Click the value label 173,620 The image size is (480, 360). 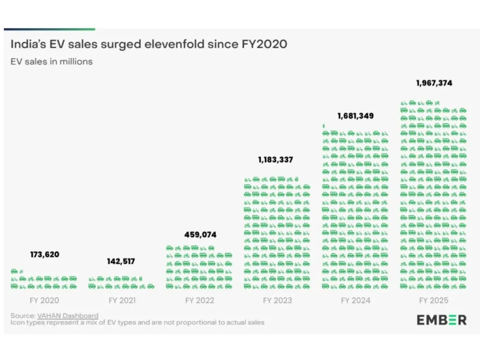click(x=45, y=255)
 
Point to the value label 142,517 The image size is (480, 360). click(x=121, y=262)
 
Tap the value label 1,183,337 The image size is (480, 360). click(x=275, y=160)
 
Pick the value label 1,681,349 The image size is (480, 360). click(x=355, y=116)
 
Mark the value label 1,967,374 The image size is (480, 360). click(x=434, y=83)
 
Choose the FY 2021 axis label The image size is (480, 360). click(x=122, y=300)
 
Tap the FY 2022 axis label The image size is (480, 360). click(x=200, y=300)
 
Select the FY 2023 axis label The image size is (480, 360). click(x=277, y=300)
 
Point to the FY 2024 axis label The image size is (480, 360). click(x=356, y=300)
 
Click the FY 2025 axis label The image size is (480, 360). click(x=434, y=300)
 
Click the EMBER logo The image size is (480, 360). click(x=442, y=320)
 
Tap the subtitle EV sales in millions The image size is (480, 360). click(x=52, y=61)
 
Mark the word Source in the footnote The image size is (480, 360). click(x=22, y=315)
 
